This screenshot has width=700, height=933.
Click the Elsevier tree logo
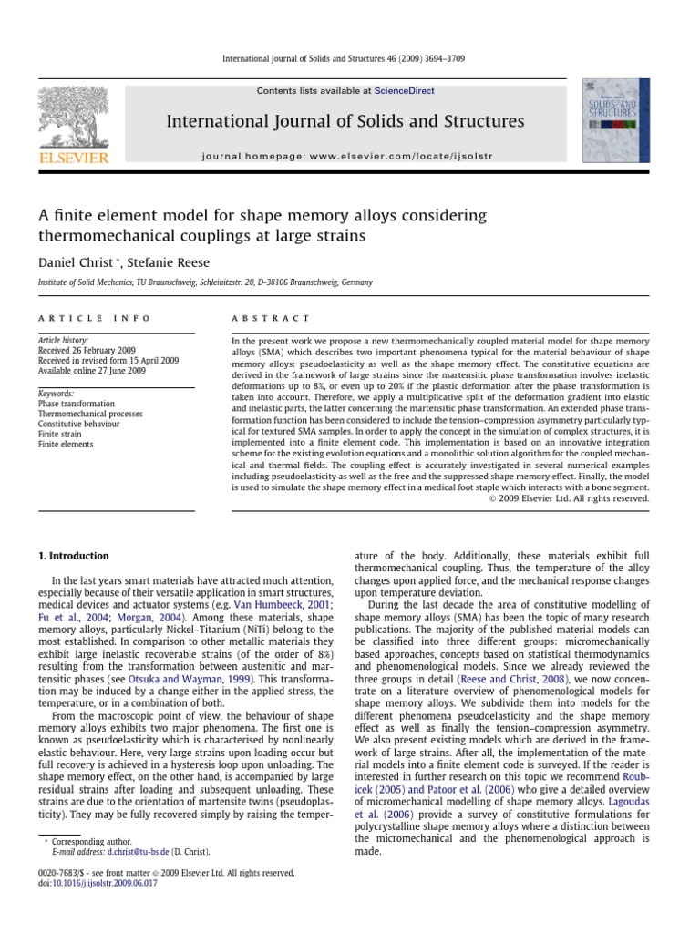coord(72,120)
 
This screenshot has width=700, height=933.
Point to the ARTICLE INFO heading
coord(83,318)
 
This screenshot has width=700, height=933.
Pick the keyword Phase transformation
coord(77,404)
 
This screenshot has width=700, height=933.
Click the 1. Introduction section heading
coord(73,556)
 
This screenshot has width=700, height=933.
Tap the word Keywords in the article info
coord(56,394)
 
